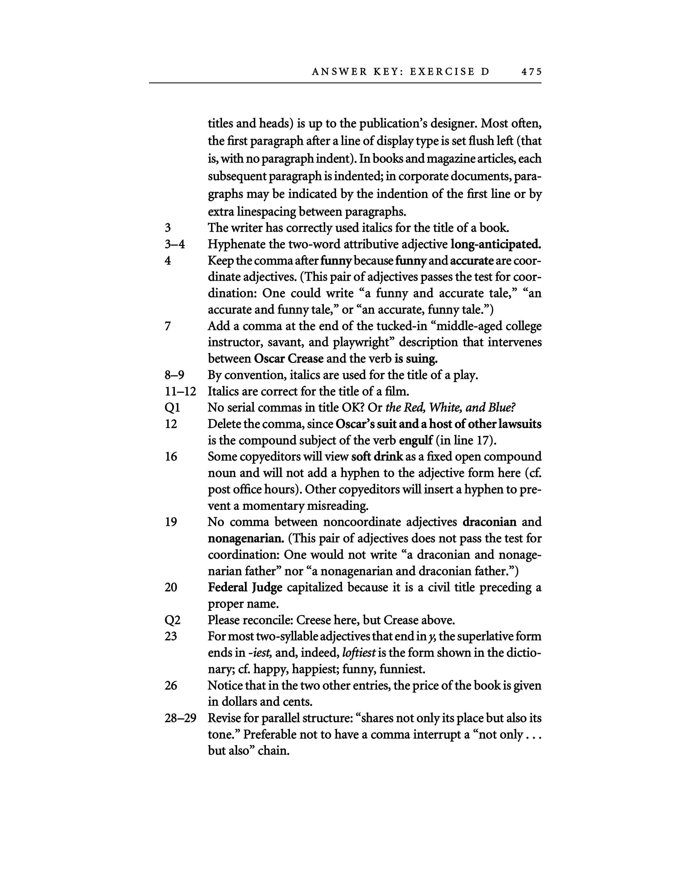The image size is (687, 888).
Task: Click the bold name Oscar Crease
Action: coord(289,359)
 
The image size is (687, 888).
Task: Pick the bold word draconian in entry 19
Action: coord(490,522)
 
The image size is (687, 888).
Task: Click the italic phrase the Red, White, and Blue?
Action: coord(450,407)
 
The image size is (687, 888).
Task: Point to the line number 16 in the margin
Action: coord(171,457)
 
